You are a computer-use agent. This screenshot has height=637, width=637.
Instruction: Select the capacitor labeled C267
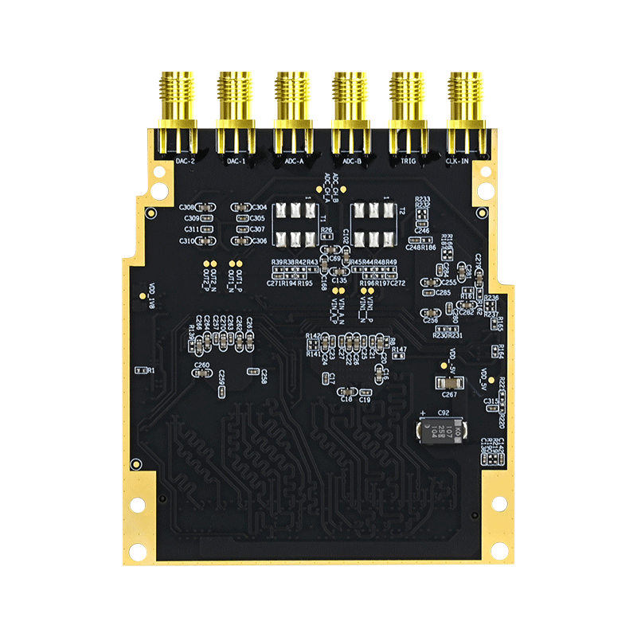pos(448,383)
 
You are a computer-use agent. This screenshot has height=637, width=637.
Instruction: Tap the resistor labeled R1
pos(143,370)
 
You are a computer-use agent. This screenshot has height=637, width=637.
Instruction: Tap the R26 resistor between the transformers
pos(326,237)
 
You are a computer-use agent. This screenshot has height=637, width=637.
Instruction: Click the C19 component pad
pos(365,392)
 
